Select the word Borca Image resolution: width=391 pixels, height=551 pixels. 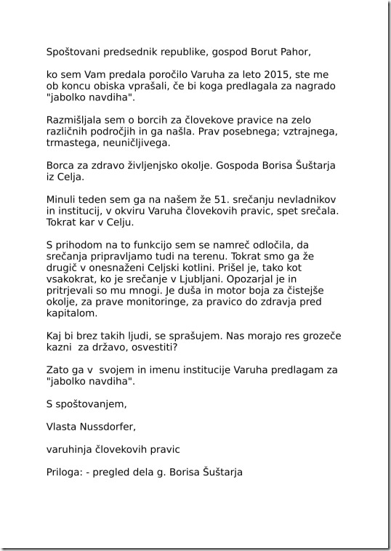pyautogui.click(x=61, y=164)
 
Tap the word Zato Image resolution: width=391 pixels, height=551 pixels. pyautogui.click(x=58, y=370)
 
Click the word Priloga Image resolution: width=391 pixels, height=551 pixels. pyautogui.click(x=64, y=472)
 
